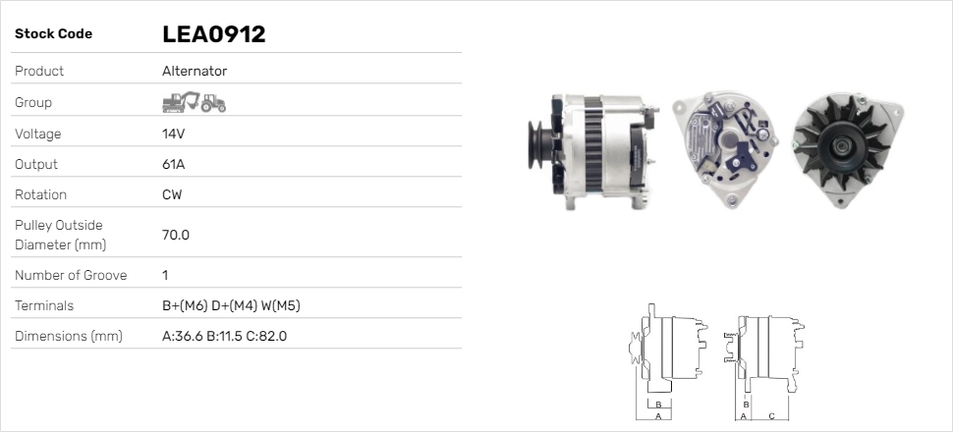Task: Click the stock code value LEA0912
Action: click(x=214, y=34)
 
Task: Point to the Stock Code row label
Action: click(x=53, y=34)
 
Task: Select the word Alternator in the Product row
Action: click(x=195, y=71)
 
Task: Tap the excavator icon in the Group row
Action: click(x=181, y=102)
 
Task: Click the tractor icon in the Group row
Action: click(x=213, y=103)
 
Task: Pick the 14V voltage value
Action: click(x=173, y=134)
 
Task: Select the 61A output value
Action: click(x=173, y=164)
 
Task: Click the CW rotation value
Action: click(x=172, y=194)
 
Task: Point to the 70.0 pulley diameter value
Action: click(x=176, y=235)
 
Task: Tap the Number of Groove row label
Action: click(x=71, y=275)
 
